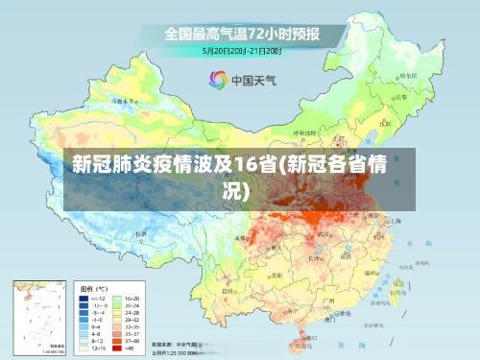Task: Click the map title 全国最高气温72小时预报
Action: pos(242,33)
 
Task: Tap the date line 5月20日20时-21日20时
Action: pos(242,49)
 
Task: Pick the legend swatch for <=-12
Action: pos(85,300)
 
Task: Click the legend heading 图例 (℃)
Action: pos(93,288)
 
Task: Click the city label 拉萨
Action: pos(141,232)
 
